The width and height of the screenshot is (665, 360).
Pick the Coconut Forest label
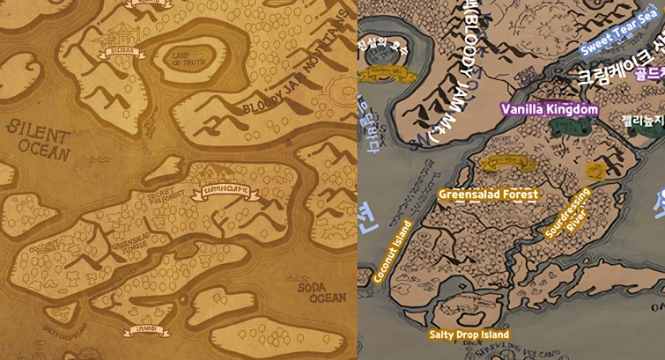pos(44,253)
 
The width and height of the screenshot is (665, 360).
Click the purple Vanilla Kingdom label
pos(550,109)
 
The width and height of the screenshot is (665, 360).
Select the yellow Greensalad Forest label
pos(488,194)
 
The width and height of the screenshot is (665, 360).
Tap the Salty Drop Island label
pos(469,334)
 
